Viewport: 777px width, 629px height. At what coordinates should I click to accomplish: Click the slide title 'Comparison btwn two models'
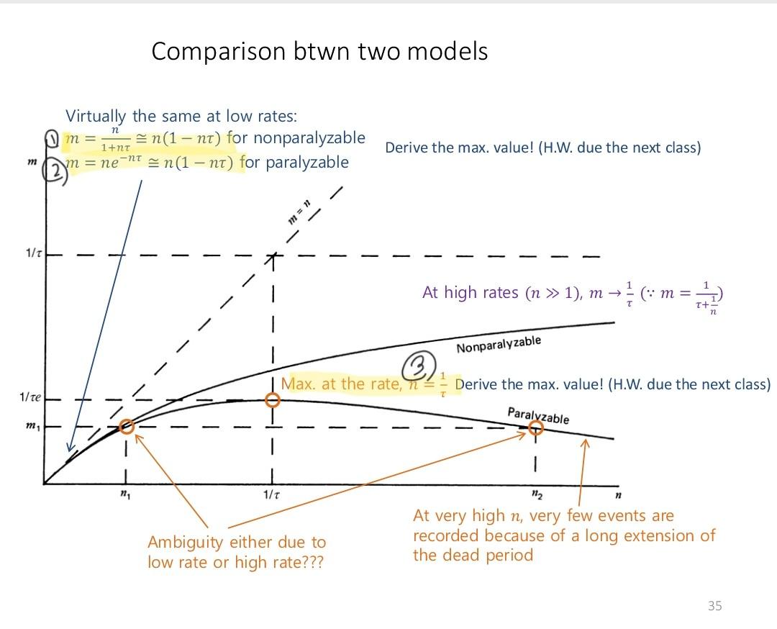[319, 52]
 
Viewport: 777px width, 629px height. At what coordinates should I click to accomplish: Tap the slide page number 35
[714, 605]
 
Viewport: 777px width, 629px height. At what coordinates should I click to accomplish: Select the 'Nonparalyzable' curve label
[498, 345]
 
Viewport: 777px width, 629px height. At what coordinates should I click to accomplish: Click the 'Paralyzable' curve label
[538, 415]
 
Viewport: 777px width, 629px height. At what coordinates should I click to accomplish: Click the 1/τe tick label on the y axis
[31, 397]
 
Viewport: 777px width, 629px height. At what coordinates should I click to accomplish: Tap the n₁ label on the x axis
[125, 496]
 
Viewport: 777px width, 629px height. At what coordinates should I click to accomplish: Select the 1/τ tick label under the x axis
[271, 496]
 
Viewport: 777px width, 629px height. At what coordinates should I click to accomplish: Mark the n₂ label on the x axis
[535, 495]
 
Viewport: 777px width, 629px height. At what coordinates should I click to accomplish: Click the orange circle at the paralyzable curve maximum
[272, 400]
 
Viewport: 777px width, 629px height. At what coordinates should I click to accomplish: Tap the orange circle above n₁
[126, 426]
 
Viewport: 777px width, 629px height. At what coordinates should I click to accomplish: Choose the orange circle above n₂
[535, 428]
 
